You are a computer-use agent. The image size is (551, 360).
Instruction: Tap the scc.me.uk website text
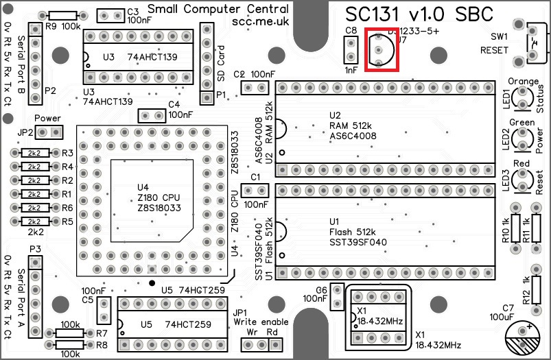(x=261, y=23)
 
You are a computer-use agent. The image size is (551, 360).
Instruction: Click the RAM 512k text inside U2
(x=350, y=126)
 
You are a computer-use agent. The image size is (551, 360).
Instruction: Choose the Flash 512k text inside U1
(x=351, y=232)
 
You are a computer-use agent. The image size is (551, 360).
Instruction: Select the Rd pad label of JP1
(x=272, y=332)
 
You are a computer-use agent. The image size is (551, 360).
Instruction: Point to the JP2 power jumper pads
(x=49, y=132)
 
